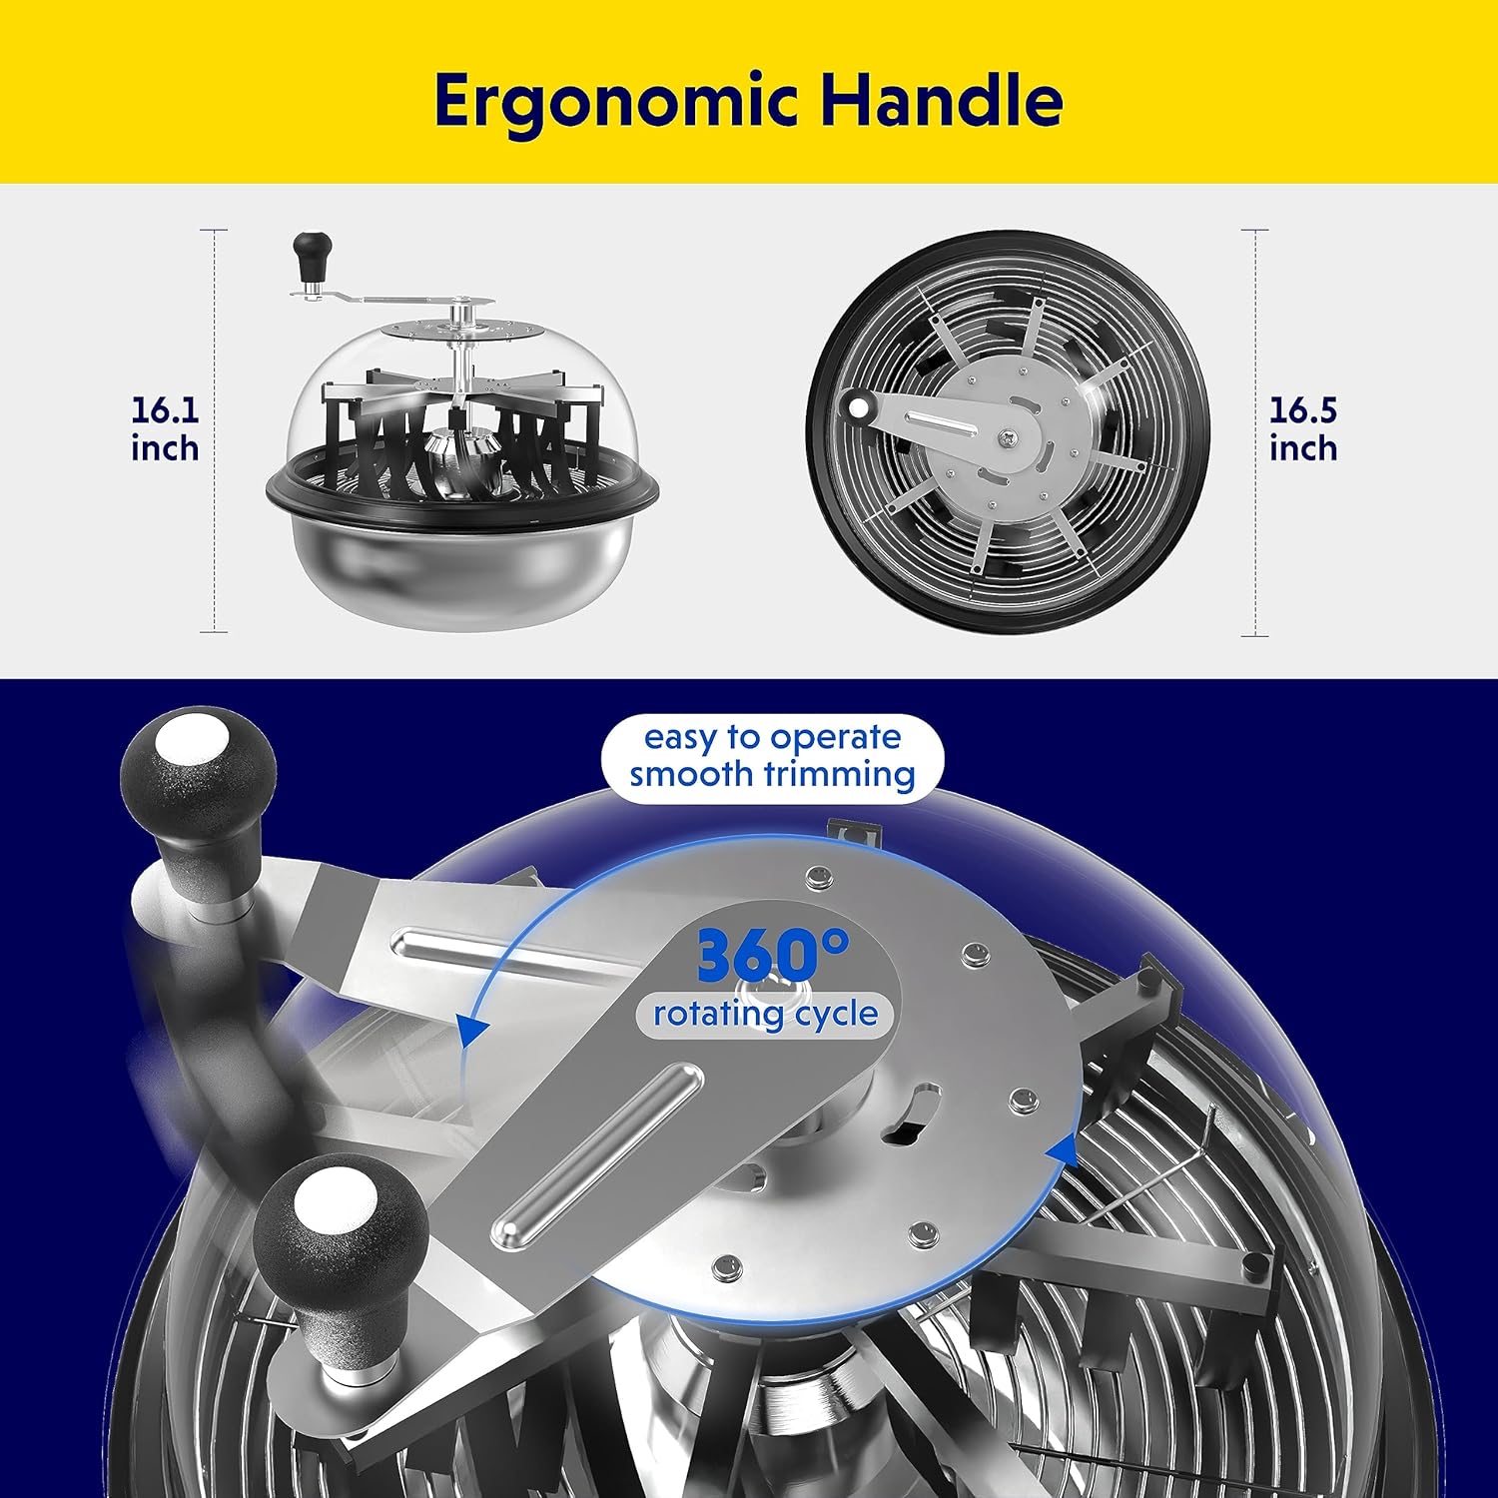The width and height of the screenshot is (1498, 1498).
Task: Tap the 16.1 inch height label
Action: tap(165, 429)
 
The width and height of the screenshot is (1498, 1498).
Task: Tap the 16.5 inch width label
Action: tap(1303, 429)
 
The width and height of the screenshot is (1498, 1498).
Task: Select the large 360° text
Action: tap(772, 956)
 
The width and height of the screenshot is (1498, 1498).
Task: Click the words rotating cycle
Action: tap(766, 1014)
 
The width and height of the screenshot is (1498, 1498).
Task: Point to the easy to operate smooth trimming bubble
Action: tap(772, 756)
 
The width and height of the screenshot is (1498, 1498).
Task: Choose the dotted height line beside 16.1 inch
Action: tap(215, 430)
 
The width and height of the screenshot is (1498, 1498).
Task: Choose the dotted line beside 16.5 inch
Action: tap(1255, 432)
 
